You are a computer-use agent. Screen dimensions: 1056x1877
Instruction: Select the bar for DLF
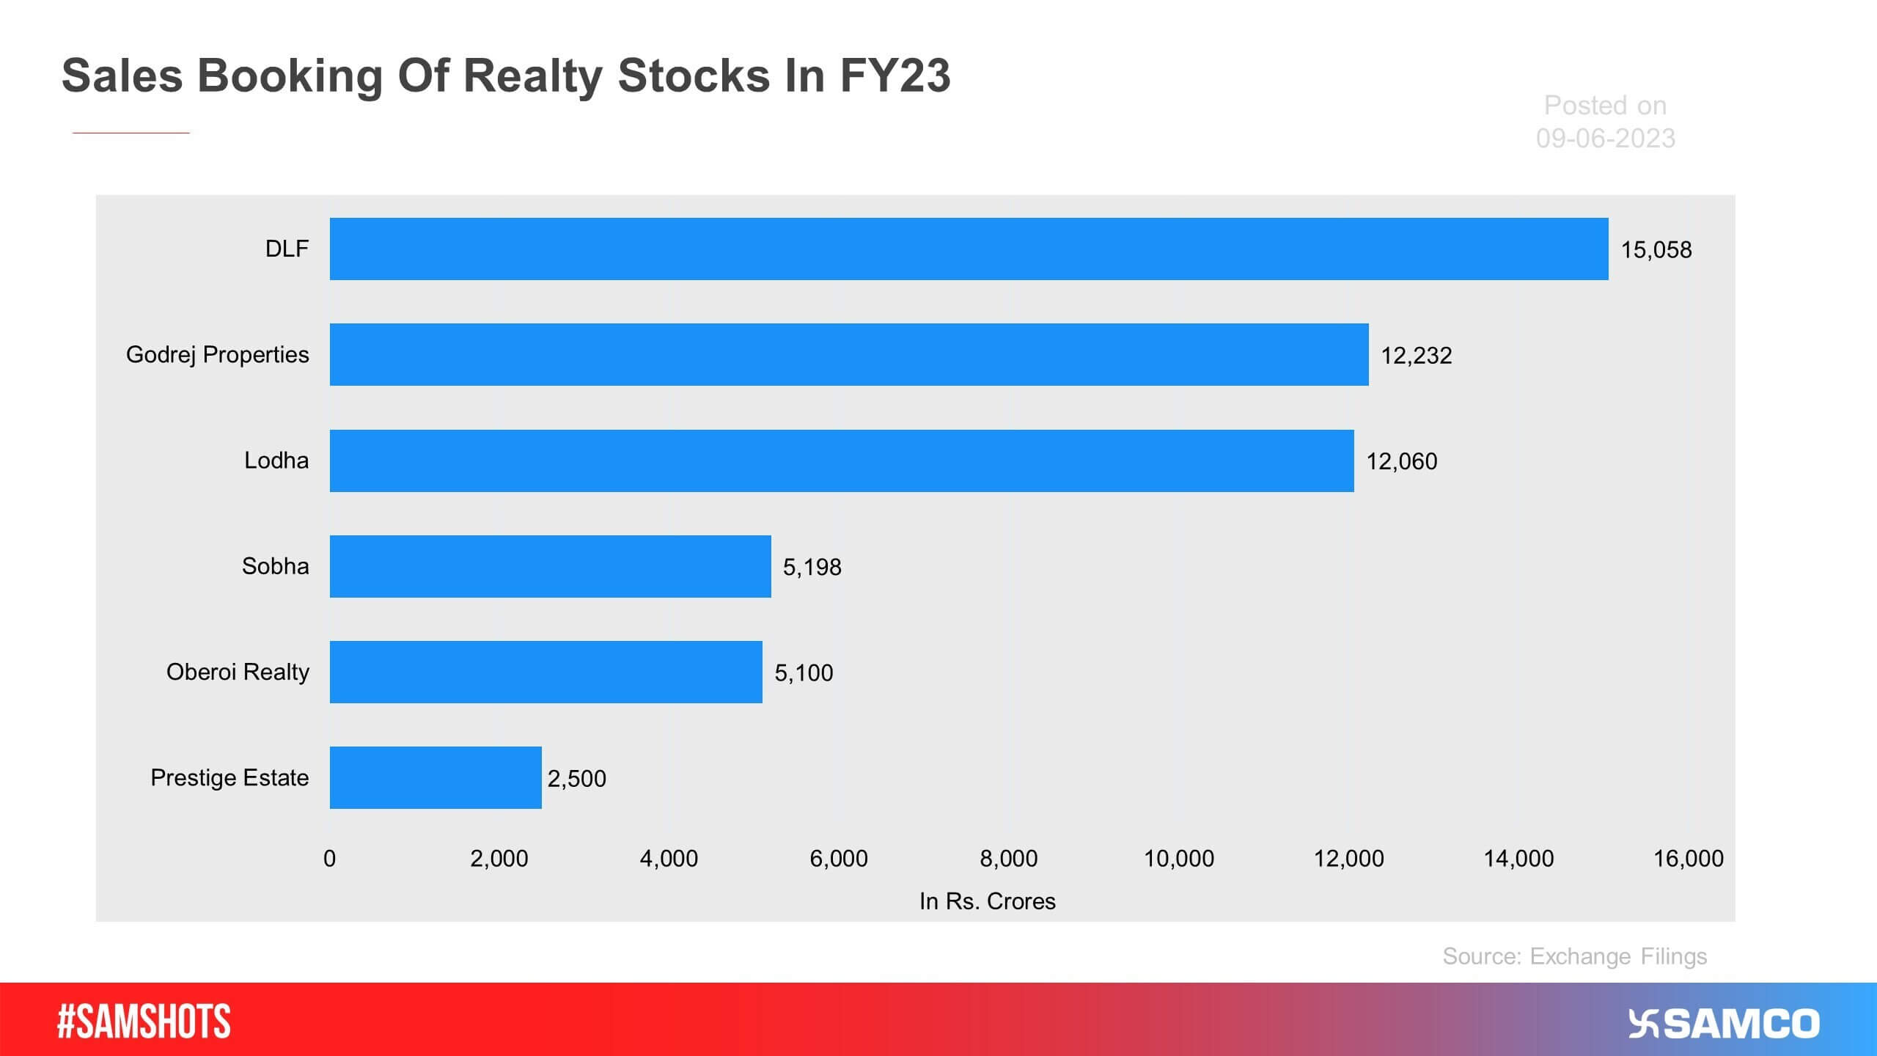point(969,249)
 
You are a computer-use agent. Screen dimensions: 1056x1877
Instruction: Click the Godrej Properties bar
point(849,354)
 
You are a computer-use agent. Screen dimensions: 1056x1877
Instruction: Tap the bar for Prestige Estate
point(436,777)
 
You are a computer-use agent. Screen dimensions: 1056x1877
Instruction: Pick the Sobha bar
point(550,566)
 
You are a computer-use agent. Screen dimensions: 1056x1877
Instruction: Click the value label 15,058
point(1656,250)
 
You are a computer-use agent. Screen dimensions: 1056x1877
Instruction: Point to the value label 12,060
point(1401,461)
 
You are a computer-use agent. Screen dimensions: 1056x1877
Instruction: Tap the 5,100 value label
point(804,672)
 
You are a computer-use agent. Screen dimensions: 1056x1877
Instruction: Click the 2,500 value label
point(576,778)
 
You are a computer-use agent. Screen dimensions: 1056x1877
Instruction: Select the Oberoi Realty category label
point(238,672)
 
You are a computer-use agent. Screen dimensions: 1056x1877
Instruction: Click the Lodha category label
point(276,461)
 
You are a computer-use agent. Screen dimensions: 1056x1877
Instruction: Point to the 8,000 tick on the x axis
point(1008,858)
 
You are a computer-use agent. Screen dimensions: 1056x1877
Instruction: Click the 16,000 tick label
point(1688,858)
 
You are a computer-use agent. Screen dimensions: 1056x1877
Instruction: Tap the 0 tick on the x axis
point(330,858)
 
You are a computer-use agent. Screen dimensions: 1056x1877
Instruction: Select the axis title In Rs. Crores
point(987,901)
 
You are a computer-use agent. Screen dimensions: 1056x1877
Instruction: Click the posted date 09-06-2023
point(1605,138)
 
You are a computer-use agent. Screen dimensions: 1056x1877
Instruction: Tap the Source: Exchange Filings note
point(1574,956)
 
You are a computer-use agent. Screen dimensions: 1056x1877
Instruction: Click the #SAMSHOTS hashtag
point(144,1022)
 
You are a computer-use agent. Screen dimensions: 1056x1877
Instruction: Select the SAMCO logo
point(1724,1024)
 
